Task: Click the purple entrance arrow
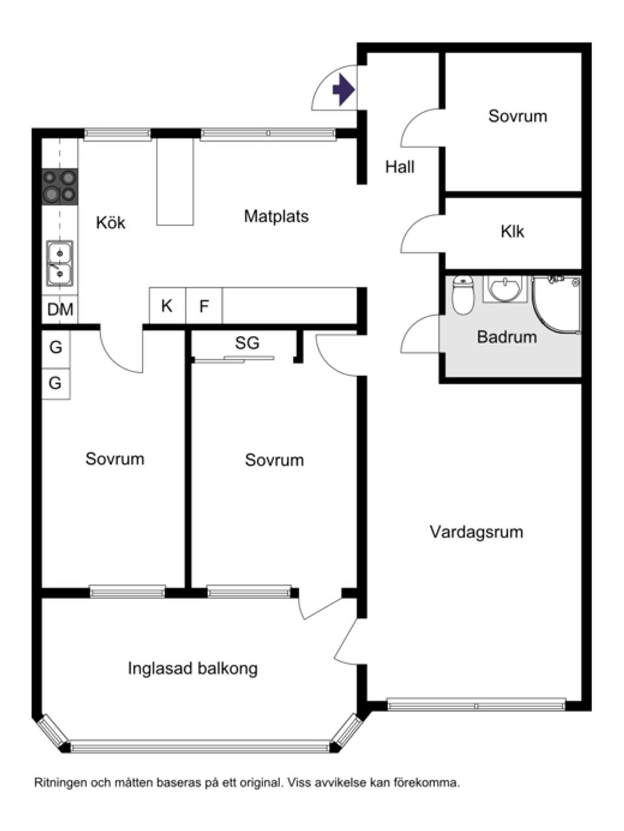click(x=343, y=90)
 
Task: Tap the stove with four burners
click(x=60, y=186)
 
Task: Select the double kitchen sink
click(x=60, y=263)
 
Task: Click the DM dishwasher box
click(x=60, y=309)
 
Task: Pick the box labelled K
click(x=167, y=306)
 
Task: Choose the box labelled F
click(x=204, y=306)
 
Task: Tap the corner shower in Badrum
click(x=557, y=303)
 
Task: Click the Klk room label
click(x=512, y=232)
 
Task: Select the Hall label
click(x=400, y=167)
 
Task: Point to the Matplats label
click(x=276, y=216)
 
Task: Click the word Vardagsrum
click(x=476, y=532)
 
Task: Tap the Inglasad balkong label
click(x=192, y=668)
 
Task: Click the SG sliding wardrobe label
click(x=247, y=343)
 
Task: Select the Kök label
click(x=110, y=223)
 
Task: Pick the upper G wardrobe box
click(x=56, y=348)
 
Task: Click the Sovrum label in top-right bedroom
click(x=517, y=116)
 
